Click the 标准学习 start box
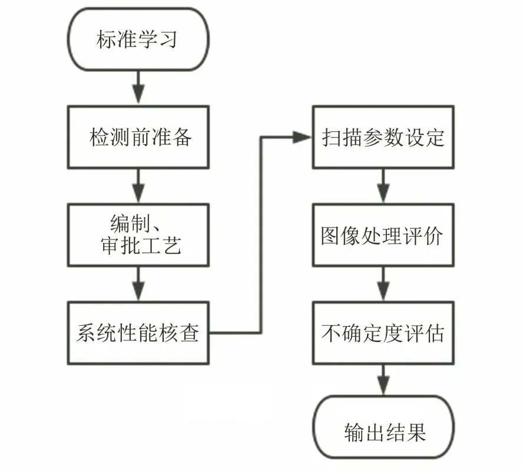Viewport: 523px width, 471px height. [x=138, y=39]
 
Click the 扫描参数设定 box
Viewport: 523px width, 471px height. [x=383, y=137]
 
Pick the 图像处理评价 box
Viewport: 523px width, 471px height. [x=383, y=235]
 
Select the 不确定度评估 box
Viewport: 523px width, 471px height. [x=383, y=333]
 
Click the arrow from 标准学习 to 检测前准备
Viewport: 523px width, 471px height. [x=138, y=88]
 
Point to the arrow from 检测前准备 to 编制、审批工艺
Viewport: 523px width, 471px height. [x=138, y=186]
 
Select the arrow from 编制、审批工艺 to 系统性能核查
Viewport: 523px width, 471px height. [x=138, y=284]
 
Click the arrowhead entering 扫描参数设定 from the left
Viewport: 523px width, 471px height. [x=303, y=137]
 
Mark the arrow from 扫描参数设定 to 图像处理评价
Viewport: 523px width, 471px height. [x=383, y=186]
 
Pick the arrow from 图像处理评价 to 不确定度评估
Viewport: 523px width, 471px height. [x=383, y=284]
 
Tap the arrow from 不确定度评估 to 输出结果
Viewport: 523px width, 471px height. [x=383, y=382]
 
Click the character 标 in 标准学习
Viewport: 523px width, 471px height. [x=107, y=40]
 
